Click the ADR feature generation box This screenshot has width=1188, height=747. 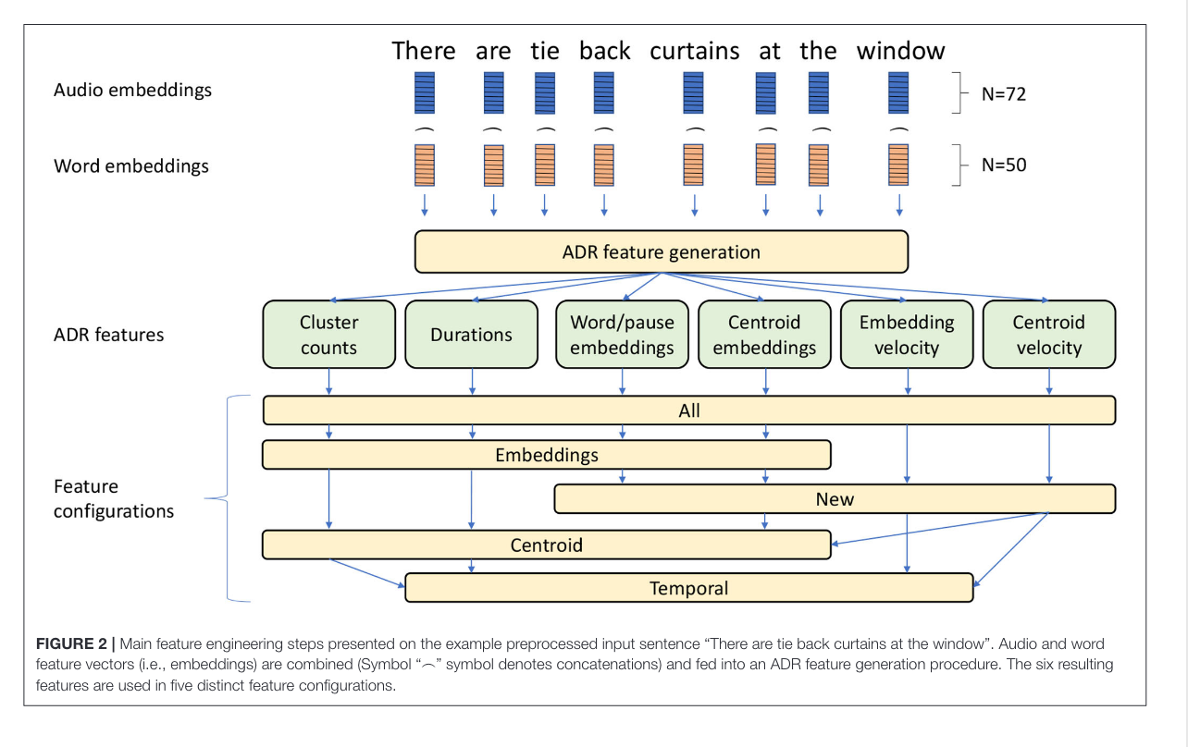(662, 251)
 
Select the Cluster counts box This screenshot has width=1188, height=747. (328, 335)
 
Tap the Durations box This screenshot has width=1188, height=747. (472, 335)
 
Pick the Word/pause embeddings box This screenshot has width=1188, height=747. (622, 335)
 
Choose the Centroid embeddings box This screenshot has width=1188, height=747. (764, 335)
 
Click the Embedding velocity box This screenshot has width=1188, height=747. (907, 335)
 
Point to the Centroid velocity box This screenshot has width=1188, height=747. (1049, 335)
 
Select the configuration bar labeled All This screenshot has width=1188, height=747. (689, 410)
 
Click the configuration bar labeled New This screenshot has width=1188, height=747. (835, 498)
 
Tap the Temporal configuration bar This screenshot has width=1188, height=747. (689, 588)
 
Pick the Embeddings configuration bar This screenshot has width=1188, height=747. (547, 455)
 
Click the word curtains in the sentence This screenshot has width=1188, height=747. (694, 52)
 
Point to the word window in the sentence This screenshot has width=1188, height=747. (900, 52)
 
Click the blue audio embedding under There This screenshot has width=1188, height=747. (425, 92)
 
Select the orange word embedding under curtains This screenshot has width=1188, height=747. (694, 165)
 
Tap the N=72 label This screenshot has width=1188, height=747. (1004, 93)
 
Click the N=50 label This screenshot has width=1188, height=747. (1004, 165)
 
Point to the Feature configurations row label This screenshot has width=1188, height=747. (114, 498)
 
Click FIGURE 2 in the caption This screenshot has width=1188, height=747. (71, 643)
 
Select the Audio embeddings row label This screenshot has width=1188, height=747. (132, 91)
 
